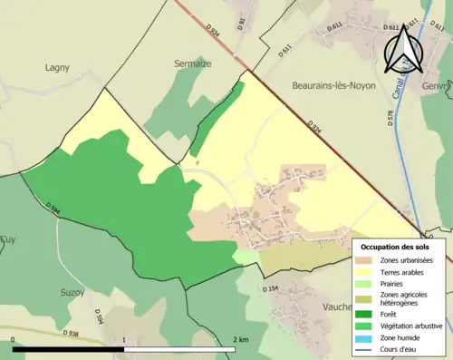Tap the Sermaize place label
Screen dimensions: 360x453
(x=192, y=63)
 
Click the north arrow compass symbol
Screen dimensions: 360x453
(x=402, y=47)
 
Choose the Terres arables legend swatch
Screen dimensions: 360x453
(x=366, y=273)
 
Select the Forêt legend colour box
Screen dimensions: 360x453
(x=366, y=315)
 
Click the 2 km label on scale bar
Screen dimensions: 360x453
(x=240, y=340)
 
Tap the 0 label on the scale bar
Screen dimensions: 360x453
(x=14, y=340)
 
